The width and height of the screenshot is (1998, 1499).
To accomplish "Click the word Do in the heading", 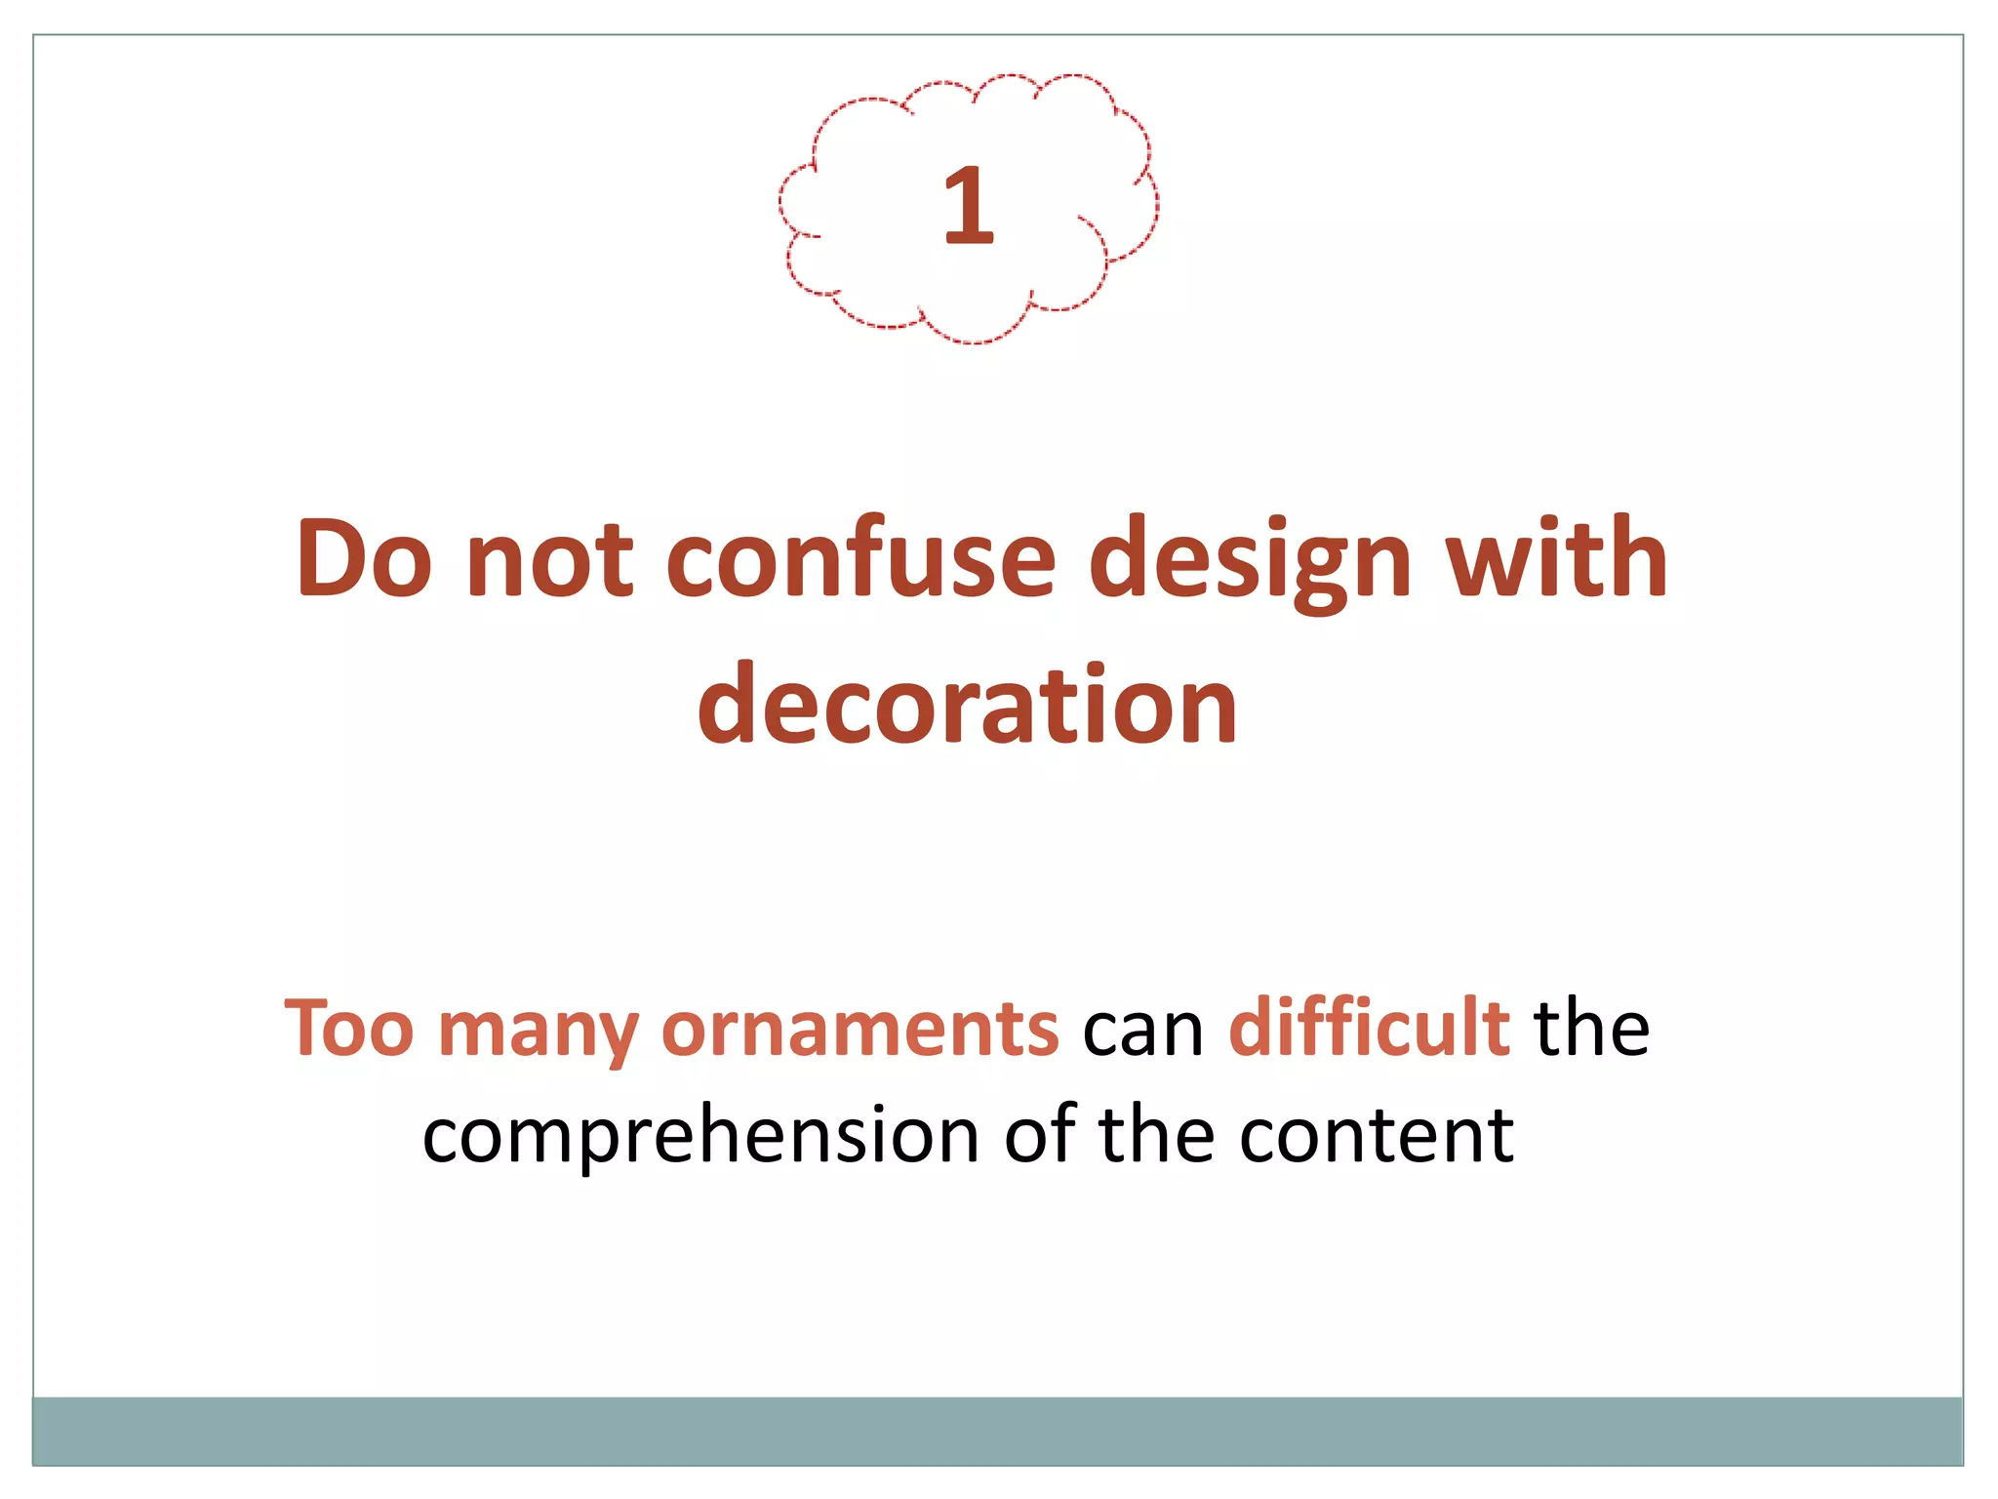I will pyautogui.click(x=364, y=558).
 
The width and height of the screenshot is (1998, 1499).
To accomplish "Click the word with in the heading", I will pyautogui.click(x=1557, y=558).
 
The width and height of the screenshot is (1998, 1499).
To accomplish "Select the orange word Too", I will pyautogui.click(x=349, y=1029).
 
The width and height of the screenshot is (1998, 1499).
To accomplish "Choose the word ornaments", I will pyautogui.click(x=859, y=1029).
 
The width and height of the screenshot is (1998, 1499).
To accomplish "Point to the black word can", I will pyautogui.click(x=1143, y=1031).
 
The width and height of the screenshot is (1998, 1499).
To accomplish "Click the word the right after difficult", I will pyautogui.click(x=1591, y=1029).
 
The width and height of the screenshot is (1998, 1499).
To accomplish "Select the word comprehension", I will pyautogui.click(x=700, y=1138).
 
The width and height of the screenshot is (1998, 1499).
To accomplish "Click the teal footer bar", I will pyautogui.click(x=997, y=1431).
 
